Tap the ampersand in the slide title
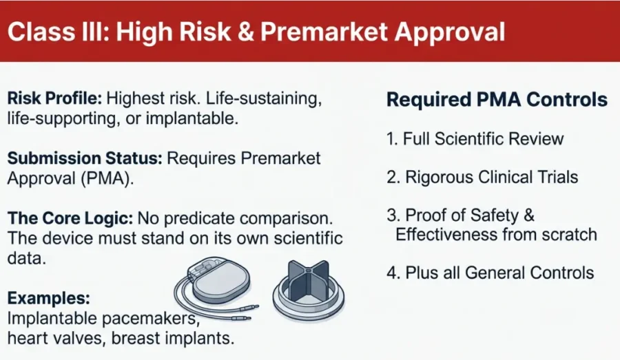click(x=245, y=32)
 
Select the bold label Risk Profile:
click(x=54, y=98)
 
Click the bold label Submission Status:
click(x=85, y=158)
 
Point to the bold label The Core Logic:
click(x=70, y=218)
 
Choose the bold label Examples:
click(x=49, y=298)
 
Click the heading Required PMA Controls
click(x=497, y=100)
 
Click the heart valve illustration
click(x=309, y=290)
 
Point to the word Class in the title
click(x=41, y=32)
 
